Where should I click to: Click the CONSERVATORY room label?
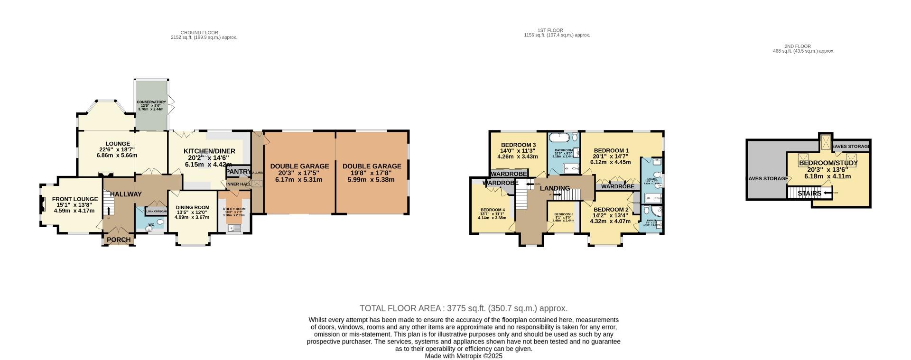click(x=151, y=102)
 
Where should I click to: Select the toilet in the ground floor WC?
click(x=160, y=222)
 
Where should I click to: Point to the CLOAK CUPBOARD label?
click(x=156, y=211)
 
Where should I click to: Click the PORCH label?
click(x=119, y=240)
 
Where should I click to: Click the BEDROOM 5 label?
click(x=564, y=214)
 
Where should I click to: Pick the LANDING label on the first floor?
click(x=555, y=188)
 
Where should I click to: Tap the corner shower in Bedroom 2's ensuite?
click(x=656, y=211)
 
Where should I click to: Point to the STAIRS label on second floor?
click(x=809, y=194)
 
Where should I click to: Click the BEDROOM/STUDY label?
click(x=828, y=163)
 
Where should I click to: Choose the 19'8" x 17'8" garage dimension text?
click(x=372, y=173)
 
